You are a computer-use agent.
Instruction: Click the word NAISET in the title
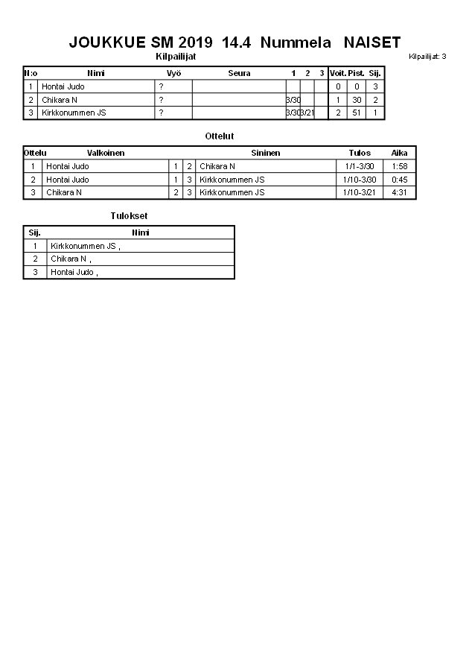click(x=373, y=42)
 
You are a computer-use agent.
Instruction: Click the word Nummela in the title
click(x=296, y=42)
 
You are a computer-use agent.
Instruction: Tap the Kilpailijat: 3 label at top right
click(x=427, y=57)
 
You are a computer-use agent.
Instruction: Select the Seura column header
click(x=239, y=73)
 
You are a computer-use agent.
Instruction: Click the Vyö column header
click(x=173, y=73)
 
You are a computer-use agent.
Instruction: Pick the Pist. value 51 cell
click(x=357, y=113)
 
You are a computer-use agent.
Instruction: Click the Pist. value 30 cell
click(x=357, y=100)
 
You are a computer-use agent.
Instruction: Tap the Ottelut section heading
click(x=220, y=136)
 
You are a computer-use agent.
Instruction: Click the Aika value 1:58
click(x=399, y=166)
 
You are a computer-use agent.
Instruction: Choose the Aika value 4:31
click(x=399, y=192)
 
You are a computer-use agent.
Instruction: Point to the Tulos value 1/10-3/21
click(x=360, y=192)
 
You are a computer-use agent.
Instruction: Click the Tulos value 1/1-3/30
click(x=360, y=166)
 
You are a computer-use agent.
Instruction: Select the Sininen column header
click(x=265, y=153)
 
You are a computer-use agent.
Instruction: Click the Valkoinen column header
click(x=106, y=153)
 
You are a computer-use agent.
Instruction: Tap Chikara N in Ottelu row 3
click(x=64, y=192)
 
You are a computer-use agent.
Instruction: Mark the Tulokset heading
click(x=129, y=216)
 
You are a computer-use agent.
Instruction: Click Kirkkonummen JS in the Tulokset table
click(x=83, y=246)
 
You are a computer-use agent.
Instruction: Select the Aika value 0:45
click(x=399, y=180)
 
